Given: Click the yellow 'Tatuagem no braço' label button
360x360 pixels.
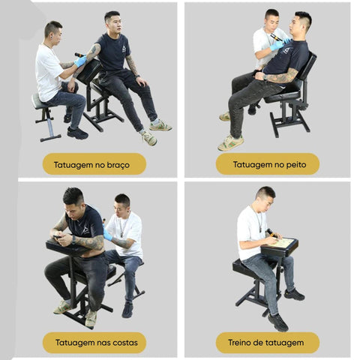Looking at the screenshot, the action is point(94,164).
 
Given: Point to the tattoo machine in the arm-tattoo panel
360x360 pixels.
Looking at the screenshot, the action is point(80,55).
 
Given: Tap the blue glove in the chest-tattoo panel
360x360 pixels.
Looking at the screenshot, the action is point(277,45).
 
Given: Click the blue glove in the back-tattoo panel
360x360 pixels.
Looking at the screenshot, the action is point(107,234).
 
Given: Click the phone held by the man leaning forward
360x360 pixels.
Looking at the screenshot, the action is point(57,237).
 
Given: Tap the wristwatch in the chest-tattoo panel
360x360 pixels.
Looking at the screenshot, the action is point(265,77).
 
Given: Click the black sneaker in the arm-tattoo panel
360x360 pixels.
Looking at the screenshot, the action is point(77,133).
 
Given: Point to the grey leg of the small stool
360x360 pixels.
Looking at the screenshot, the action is point(49,128).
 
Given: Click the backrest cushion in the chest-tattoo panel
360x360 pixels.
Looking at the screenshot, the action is point(307,67).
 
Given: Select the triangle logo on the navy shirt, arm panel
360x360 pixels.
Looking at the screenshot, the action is point(124,48).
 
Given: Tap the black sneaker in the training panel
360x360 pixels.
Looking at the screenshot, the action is point(278,322).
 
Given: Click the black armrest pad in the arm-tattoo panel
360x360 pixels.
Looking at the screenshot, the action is point(89,71).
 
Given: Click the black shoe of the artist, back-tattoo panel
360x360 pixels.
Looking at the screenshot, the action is point(127,310).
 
